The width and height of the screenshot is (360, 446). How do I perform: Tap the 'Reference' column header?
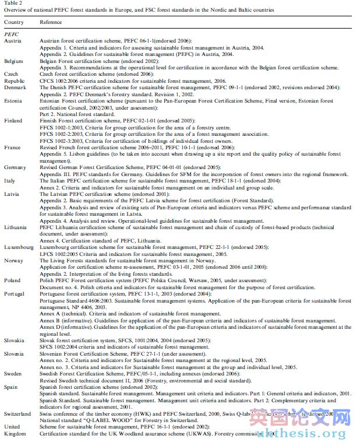pyautogui.click(x=51, y=22)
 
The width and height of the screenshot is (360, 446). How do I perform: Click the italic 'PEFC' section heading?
pyautogui.click(x=12, y=35)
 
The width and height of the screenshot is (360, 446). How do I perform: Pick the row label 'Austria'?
pyautogui.click(x=13, y=41)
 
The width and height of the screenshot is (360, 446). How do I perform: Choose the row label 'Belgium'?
pyautogui.click(x=14, y=61)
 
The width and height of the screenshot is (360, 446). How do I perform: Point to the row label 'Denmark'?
pyautogui.click(x=15, y=87)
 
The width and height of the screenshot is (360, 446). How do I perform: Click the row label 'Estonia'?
pyautogui.click(x=13, y=101)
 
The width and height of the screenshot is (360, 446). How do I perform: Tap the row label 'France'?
pyautogui.click(x=12, y=148)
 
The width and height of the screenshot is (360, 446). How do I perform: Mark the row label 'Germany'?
pyautogui.click(x=15, y=167)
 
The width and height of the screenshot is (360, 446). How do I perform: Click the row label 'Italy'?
pyautogui.click(x=10, y=181)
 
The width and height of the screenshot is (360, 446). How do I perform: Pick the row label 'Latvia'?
pyautogui.click(x=12, y=194)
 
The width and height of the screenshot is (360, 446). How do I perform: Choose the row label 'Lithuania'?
pyautogui.click(x=16, y=227)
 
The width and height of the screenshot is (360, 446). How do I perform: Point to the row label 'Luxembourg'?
pyautogui.click(x=19, y=247)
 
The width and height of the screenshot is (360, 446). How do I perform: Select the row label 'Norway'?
pyautogui.click(x=13, y=261)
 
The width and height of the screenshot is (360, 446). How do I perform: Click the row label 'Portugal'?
pyautogui.click(x=15, y=294)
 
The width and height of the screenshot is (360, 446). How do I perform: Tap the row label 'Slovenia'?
pyautogui.click(x=15, y=353)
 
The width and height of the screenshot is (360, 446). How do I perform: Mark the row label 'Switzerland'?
pyautogui.click(x=18, y=413)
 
